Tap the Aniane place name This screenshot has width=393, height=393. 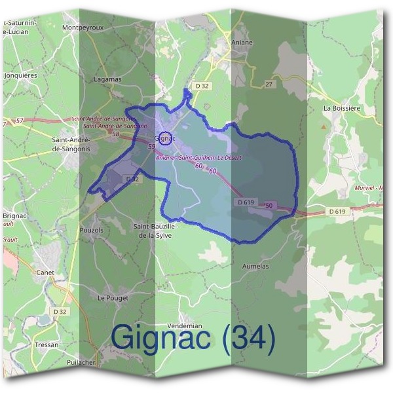(242, 42)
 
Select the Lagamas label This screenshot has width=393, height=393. (108, 79)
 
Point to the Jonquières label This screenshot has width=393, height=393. (21, 75)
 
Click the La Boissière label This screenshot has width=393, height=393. (343, 108)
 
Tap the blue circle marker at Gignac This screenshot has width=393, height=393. (166, 138)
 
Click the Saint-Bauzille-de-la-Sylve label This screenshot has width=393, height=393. (155, 230)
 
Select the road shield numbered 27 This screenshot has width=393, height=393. (269, 84)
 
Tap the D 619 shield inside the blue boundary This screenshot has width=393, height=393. (246, 203)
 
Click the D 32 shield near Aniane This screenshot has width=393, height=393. (202, 86)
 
